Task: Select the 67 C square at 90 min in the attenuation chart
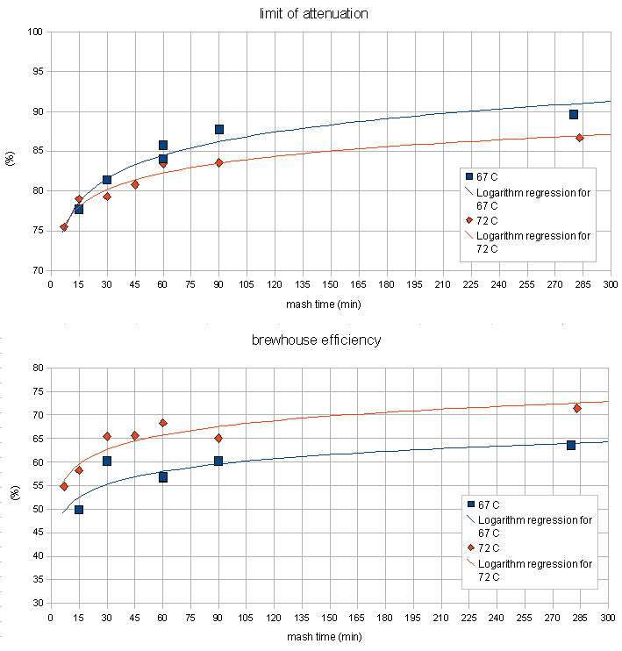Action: pyautogui.click(x=219, y=129)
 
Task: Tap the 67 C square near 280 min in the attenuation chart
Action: pyautogui.click(x=574, y=114)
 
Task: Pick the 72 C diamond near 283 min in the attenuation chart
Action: pyautogui.click(x=580, y=138)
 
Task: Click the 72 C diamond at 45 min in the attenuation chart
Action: pyautogui.click(x=135, y=184)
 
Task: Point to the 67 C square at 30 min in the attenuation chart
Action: pyautogui.click(x=107, y=180)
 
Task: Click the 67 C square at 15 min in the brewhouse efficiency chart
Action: pyautogui.click(x=79, y=509)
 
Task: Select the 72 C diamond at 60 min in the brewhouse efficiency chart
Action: pyautogui.click(x=163, y=423)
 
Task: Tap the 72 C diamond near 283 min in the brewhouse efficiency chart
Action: pyautogui.click(x=577, y=408)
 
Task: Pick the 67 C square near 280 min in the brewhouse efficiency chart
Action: pyautogui.click(x=571, y=445)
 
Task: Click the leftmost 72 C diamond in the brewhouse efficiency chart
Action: pyautogui.click(x=64, y=486)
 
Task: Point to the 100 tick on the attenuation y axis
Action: pyautogui.click(x=36, y=32)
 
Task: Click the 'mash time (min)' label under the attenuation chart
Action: pyautogui.click(x=323, y=304)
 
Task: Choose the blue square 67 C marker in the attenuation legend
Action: pyautogui.click(x=469, y=177)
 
